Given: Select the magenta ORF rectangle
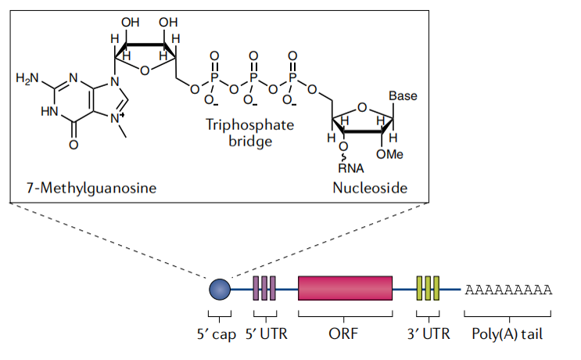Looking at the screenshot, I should point(345,288).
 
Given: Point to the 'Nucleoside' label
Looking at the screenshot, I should point(370,188).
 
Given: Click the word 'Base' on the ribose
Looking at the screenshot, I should point(403,97).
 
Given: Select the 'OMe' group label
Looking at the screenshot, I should point(389,154).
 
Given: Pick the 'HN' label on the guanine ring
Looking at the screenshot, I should point(48,110).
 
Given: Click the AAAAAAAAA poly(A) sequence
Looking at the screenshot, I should point(508,290).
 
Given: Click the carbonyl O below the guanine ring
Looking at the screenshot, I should point(74,145).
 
